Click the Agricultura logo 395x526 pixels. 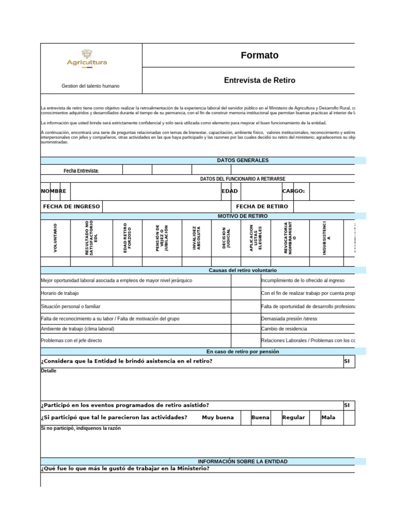tap(87, 59)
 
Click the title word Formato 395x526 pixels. tap(260, 55)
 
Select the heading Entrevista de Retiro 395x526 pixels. tap(260, 81)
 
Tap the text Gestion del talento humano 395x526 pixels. tap(91, 86)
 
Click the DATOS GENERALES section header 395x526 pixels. tap(243, 160)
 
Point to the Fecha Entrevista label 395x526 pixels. tap(81, 171)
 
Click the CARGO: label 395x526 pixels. tap(294, 191)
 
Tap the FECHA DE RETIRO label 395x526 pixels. tap(262, 206)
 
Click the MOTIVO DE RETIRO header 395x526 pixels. tap(243, 216)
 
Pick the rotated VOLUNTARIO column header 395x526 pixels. tap(56, 237)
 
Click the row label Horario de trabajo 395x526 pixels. tap(60, 293)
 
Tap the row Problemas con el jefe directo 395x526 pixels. tap(71, 340)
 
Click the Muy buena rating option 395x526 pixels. tap(218, 418)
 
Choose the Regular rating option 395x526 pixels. tap(294, 418)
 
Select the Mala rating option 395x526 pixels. tap(328, 418)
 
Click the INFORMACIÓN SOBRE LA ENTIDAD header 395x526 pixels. tap(243, 462)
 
